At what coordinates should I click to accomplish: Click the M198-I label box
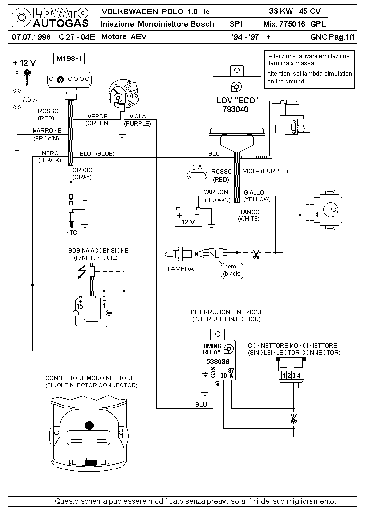tap(69, 59)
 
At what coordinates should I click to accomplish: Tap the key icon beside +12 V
tap(27, 77)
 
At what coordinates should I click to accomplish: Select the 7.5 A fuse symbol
tap(16, 98)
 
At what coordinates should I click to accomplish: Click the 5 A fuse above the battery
tap(197, 175)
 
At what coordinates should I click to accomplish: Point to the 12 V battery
tap(188, 217)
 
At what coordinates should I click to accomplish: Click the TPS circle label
tap(330, 210)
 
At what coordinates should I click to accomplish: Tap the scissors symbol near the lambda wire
tap(256, 254)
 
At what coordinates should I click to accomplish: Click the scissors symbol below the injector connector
tap(293, 418)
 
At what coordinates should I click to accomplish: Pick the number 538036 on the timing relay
tap(218, 362)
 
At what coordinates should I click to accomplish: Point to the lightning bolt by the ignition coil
tap(82, 271)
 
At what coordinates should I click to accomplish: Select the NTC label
tap(71, 233)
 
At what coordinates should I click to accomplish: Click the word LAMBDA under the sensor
tap(181, 269)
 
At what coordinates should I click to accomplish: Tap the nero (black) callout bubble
tap(231, 270)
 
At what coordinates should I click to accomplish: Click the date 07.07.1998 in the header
tap(31, 36)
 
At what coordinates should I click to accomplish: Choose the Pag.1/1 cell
tap(342, 37)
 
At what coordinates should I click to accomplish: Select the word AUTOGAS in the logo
tap(61, 23)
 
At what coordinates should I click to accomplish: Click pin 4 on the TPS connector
tap(317, 215)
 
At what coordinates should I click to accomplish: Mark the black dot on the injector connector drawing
tap(89, 425)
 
